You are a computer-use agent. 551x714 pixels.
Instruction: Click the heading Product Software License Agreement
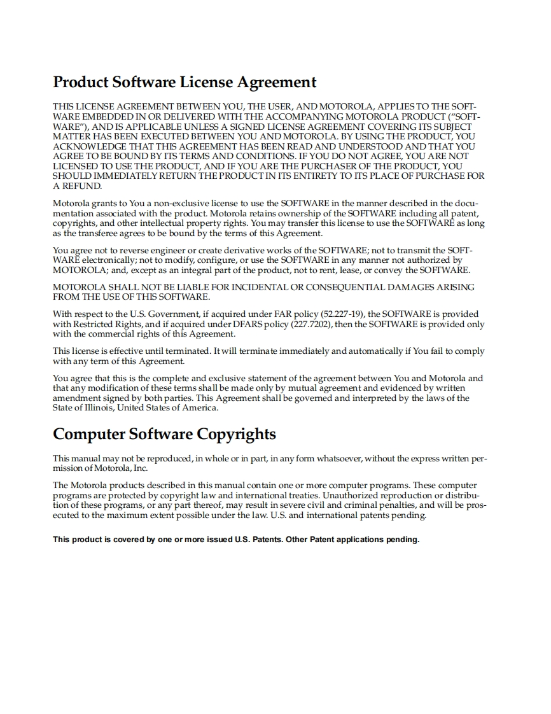(185, 83)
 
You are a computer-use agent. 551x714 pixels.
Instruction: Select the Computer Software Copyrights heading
(164, 435)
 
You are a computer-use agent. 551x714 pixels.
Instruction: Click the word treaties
(299, 495)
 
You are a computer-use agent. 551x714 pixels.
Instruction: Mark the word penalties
(394, 505)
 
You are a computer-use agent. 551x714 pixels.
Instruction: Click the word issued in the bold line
(220, 540)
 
